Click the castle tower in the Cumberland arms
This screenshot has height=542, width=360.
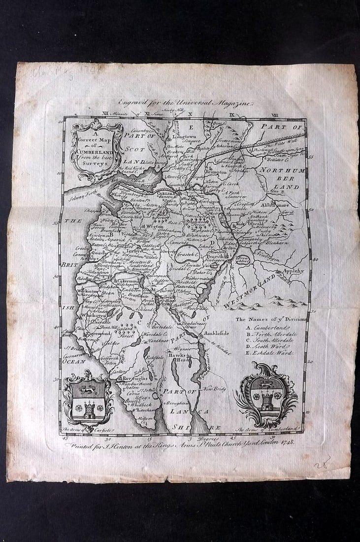click(x=266, y=402)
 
